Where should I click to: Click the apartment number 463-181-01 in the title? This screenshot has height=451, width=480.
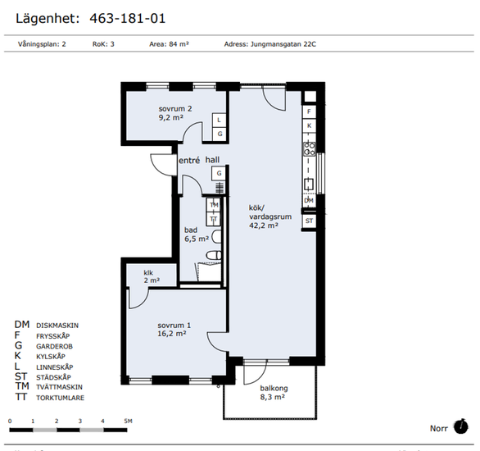[x=127, y=18]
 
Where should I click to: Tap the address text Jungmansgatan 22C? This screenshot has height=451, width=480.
[x=283, y=44]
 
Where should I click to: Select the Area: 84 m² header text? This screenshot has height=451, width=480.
[x=169, y=44]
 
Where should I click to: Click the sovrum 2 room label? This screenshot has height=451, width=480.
[x=175, y=109]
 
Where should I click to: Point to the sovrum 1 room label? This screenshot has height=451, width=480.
[x=174, y=326]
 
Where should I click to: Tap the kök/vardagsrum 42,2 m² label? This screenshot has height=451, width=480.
[x=270, y=216]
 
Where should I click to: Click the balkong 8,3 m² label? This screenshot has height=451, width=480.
[x=274, y=393]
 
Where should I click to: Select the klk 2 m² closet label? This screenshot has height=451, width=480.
[x=152, y=276]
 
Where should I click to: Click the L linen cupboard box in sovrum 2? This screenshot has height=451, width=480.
[x=220, y=120]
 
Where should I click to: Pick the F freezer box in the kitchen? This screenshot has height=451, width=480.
[x=309, y=112]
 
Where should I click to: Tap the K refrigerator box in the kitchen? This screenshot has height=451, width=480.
[x=309, y=125]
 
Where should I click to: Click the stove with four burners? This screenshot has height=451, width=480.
[x=309, y=149]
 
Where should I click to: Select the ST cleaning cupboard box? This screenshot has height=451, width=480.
[x=309, y=221]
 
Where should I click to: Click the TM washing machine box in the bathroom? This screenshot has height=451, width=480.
[x=214, y=205]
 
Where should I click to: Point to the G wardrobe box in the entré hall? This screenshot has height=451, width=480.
[x=219, y=173]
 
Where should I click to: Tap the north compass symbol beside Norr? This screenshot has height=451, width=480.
[x=460, y=426]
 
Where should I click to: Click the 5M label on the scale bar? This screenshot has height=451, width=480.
[x=129, y=421]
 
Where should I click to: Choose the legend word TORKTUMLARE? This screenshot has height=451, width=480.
[x=60, y=398]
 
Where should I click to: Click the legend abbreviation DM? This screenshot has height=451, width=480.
[x=22, y=325]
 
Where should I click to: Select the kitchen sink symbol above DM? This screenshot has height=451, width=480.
[x=309, y=184]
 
